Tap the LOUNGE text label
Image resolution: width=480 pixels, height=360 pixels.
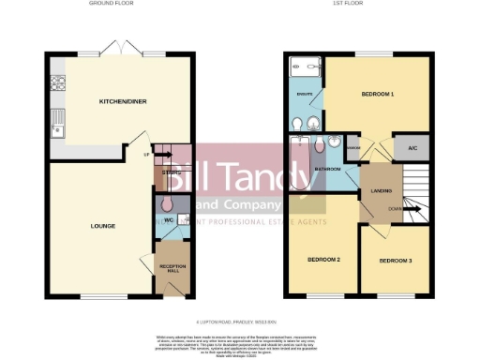point(102,226)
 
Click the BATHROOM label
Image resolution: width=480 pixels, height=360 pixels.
point(326,170)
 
